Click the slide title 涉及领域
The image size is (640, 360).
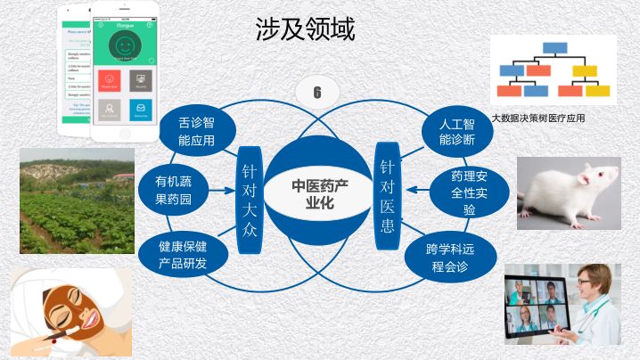(305, 30)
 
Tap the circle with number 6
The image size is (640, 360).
(317, 92)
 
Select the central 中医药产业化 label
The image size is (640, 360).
(318, 193)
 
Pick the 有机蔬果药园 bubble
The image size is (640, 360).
(174, 190)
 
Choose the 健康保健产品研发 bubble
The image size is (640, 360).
(183, 254)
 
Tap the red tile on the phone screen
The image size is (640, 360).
(111, 80)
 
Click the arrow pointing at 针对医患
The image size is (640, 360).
(415, 190)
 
